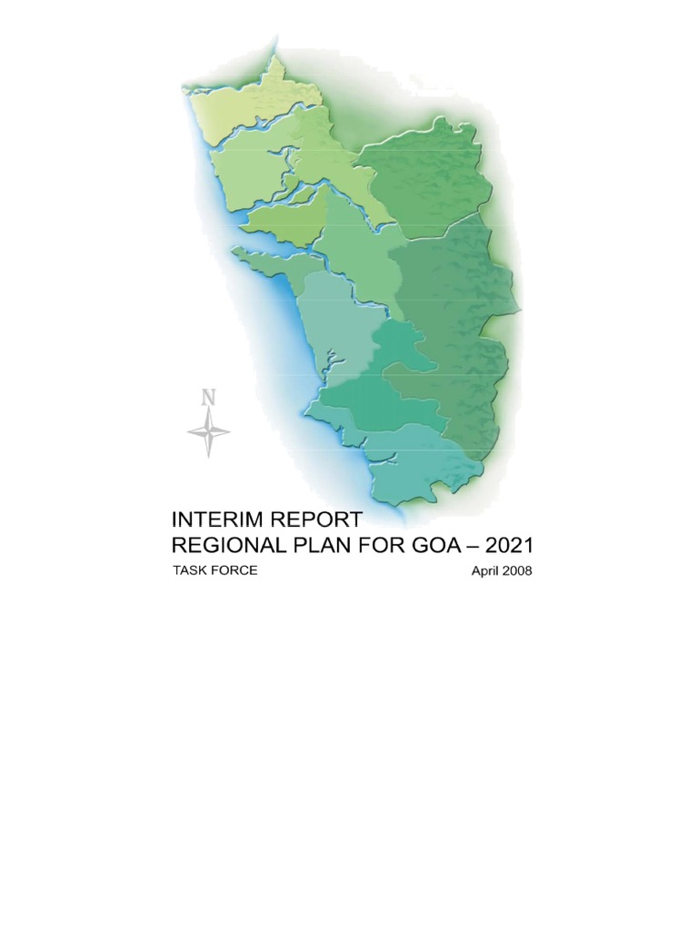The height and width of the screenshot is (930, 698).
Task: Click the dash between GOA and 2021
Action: pyautogui.click(x=486, y=547)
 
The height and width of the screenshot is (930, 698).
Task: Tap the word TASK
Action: pyautogui.click(x=192, y=570)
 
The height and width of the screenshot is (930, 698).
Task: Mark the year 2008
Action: pyautogui.click(x=515, y=571)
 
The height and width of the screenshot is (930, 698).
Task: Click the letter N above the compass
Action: pyautogui.click(x=209, y=397)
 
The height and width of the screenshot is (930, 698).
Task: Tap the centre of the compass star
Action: pyautogui.click(x=209, y=431)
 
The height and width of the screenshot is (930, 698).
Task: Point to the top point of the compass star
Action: pyautogui.click(x=209, y=411)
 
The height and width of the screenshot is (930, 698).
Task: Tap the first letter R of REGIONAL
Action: pyautogui.click(x=180, y=546)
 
